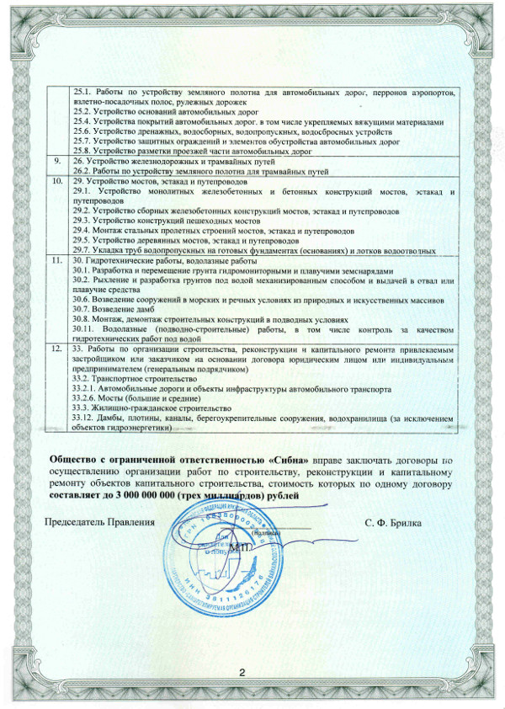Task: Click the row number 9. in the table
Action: pyautogui.click(x=56, y=160)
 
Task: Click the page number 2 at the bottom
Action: pyautogui.click(x=241, y=672)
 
